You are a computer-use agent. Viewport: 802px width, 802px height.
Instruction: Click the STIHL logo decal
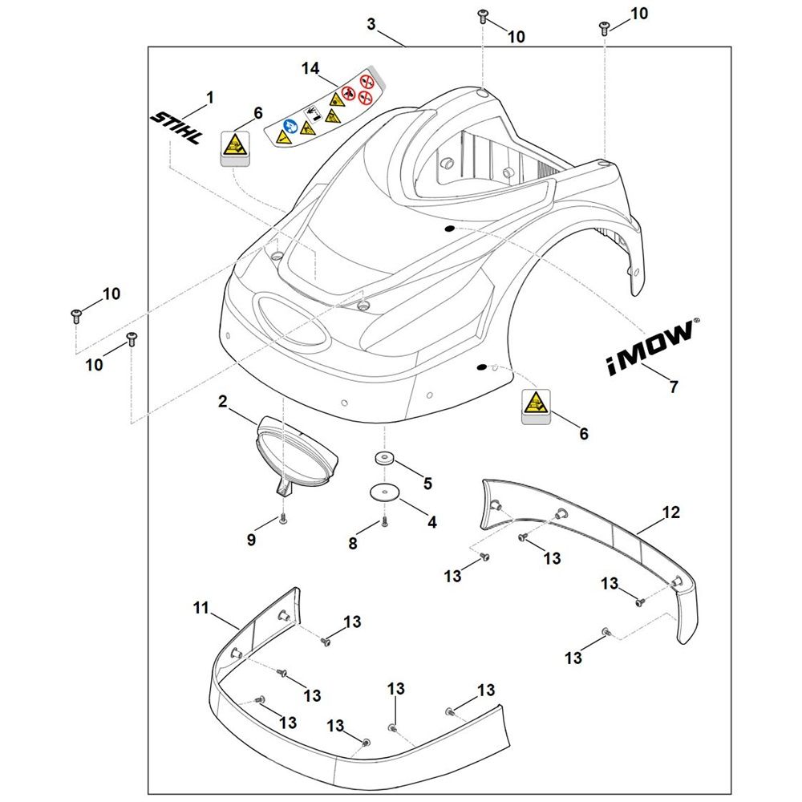(x=176, y=128)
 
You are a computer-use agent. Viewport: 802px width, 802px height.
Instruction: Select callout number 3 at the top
(x=371, y=24)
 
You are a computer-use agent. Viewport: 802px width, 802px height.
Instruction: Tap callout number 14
(x=310, y=68)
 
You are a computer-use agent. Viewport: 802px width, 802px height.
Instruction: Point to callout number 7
(x=674, y=387)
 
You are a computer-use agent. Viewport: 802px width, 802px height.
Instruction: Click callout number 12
(x=671, y=512)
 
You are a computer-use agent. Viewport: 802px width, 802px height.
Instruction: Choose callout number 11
(x=201, y=608)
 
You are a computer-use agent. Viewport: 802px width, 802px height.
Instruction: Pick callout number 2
(x=222, y=402)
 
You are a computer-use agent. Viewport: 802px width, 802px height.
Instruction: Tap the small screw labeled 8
(x=384, y=522)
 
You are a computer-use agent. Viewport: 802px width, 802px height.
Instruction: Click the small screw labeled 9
(x=283, y=519)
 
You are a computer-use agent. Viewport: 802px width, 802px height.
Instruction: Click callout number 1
(x=209, y=97)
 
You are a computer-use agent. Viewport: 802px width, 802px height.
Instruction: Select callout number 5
(x=427, y=483)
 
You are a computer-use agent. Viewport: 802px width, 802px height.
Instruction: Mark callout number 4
(x=432, y=522)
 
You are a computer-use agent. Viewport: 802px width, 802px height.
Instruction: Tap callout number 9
(x=251, y=540)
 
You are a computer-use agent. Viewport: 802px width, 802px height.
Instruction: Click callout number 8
(x=353, y=543)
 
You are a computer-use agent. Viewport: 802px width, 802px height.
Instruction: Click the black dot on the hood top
(x=449, y=228)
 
